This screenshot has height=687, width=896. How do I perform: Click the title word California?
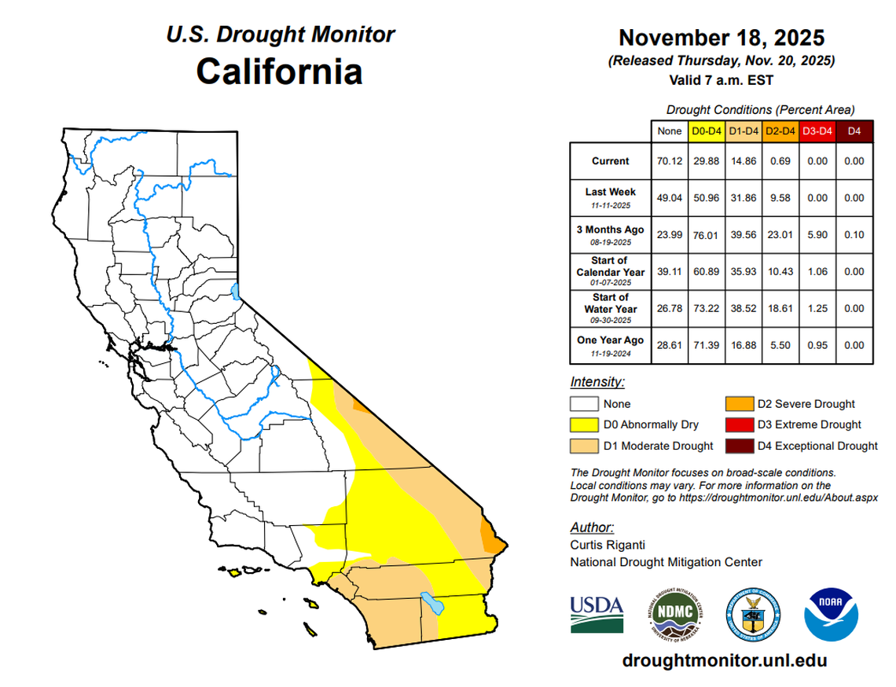click(x=279, y=72)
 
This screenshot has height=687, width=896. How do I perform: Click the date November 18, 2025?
click(x=721, y=38)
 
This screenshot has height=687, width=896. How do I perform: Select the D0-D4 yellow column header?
click(x=705, y=131)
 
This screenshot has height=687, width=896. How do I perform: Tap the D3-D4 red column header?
click(x=817, y=131)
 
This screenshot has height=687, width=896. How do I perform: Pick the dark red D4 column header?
click(x=855, y=131)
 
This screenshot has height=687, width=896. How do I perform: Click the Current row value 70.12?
click(x=669, y=161)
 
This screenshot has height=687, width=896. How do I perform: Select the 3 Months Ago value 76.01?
click(x=705, y=235)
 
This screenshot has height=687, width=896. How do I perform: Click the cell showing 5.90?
click(x=817, y=235)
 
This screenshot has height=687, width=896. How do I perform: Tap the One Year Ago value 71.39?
click(x=705, y=346)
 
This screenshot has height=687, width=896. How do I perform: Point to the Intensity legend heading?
click(x=597, y=383)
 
